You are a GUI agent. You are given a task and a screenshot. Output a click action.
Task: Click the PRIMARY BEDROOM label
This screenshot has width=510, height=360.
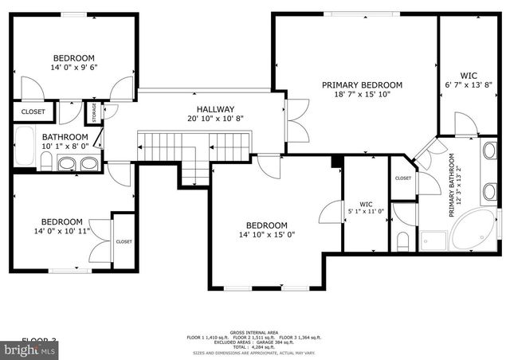coord(362,84)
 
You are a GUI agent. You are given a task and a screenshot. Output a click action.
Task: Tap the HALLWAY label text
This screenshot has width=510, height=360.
coord(215,109)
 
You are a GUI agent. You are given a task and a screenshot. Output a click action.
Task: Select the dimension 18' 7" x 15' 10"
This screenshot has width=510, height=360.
coord(362,95)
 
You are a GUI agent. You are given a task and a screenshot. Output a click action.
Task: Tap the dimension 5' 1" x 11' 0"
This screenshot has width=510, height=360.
coord(366,211)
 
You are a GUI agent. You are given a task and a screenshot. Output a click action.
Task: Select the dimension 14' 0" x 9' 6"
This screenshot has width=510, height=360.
coord(74,68)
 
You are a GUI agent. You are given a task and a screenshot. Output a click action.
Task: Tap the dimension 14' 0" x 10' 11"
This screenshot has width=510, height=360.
coord(62,232)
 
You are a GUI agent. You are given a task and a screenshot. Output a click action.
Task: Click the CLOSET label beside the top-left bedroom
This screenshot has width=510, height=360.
coord(33,112)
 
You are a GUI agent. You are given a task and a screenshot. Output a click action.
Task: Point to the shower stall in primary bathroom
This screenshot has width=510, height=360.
coord(433,239)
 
